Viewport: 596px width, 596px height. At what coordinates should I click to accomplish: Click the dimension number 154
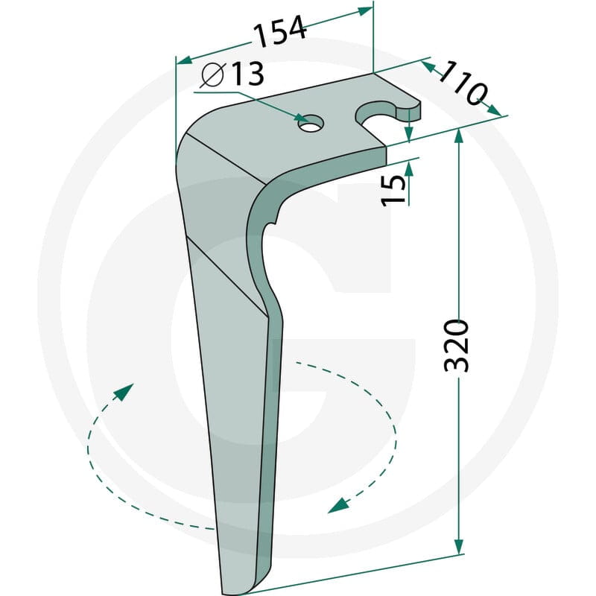point(280,30)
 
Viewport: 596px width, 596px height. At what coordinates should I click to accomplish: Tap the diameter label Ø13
point(232,73)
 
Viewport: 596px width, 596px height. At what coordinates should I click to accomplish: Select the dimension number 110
point(463,83)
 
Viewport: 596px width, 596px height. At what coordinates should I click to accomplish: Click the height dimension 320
point(457,346)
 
